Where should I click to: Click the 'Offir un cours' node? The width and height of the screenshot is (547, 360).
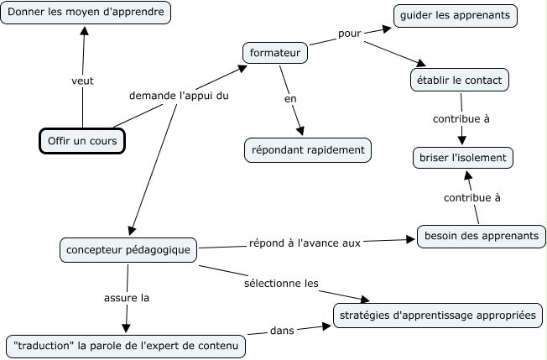(x=82, y=141)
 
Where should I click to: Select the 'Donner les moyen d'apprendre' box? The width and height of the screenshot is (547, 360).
(x=86, y=13)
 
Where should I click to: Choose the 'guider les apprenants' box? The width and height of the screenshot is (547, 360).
(x=456, y=15)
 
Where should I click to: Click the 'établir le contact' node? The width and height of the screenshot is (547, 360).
(x=459, y=80)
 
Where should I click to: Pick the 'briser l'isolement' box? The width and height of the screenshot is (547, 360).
(x=462, y=156)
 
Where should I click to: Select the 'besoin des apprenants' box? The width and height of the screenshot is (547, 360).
(x=481, y=236)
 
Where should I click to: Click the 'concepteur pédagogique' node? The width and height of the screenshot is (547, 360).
(x=128, y=249)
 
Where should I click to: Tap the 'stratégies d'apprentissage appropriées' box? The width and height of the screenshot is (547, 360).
(x=438, y=316)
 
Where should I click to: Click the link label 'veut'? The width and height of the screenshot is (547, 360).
(x=82, y=81)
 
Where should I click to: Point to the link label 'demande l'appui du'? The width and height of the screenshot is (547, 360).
(x=179, y=96)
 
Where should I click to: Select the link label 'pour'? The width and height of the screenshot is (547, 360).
(x=349, y=34)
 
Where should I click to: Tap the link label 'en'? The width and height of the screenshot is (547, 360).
(x=291, y=99)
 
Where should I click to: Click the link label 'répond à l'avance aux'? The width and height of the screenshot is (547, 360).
(x=305, y=243)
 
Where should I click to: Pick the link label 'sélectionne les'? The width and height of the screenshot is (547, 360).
(x=281, y=284)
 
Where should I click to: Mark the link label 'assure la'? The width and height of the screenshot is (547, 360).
(x=127, y=297)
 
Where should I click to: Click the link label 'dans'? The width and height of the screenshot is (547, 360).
(x=281, y=331)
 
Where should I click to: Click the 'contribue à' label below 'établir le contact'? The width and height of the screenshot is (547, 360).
(x=461, y=118)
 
